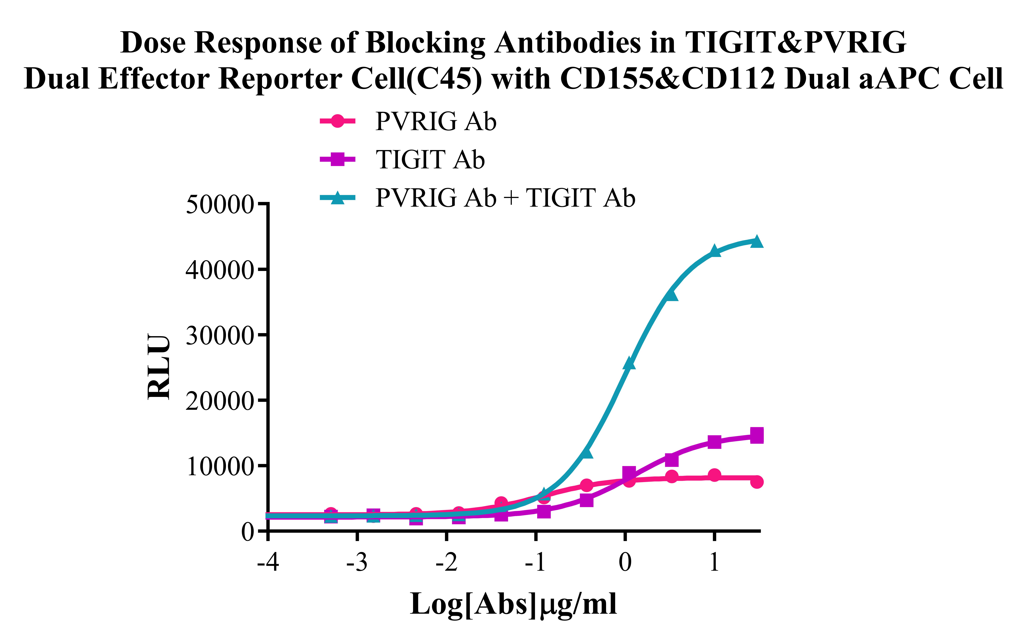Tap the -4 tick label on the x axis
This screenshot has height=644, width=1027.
pyautogui.click(x=268, y=562)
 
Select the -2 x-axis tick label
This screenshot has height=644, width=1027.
pyautogui.click(x=446, y=562)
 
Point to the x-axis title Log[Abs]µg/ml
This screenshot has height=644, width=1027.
pyautogui.click(x=513, y=604)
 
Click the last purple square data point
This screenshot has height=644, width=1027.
pyautogui.click(x=757, y=436)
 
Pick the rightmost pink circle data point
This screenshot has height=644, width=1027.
pyautogui.click(x=757, y=482)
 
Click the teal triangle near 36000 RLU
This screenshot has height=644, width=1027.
pyautogui.click(x=671, y=295)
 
